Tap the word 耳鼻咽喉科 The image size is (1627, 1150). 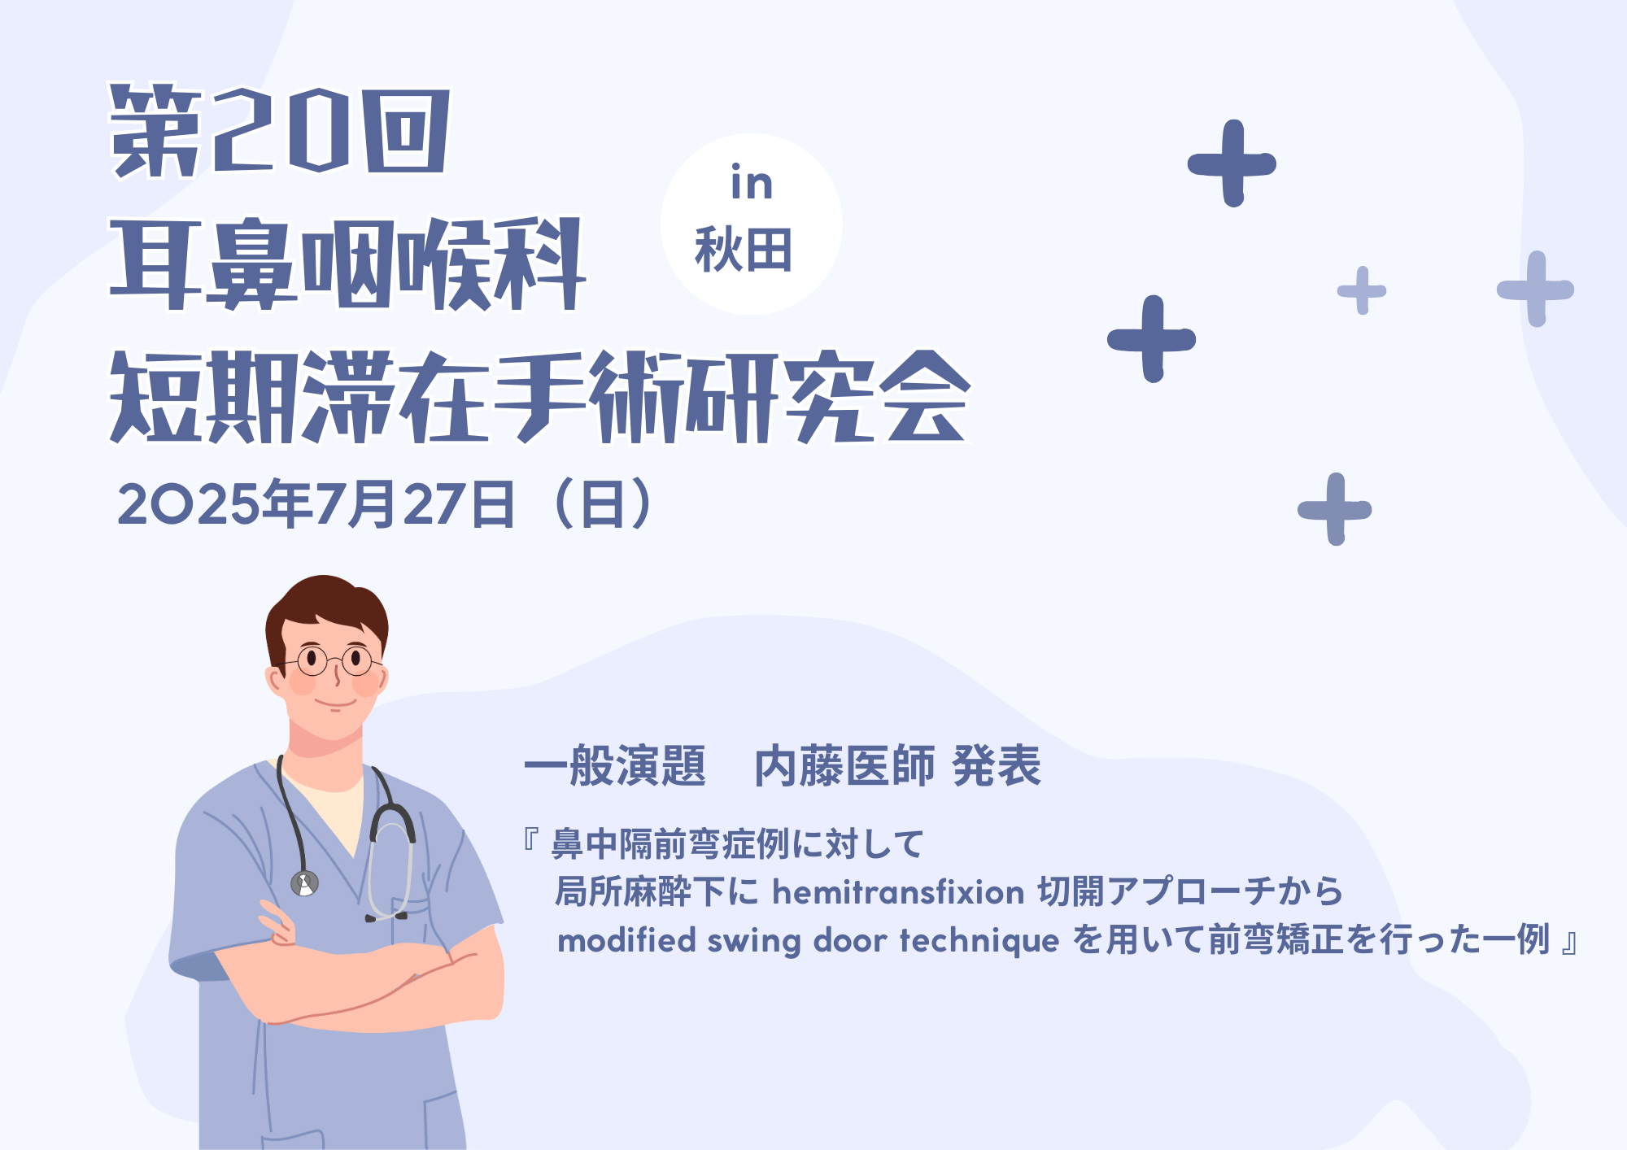[x=347, y=264]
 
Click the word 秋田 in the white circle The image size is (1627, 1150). [x=744, y=250]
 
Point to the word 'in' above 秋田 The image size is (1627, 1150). [x=751, y=182]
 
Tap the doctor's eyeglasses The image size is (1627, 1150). [x=334, y=660]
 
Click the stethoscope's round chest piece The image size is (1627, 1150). [x=305, y=882]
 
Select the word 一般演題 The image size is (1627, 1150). [x=615, y=766]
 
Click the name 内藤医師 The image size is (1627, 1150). [x=845, y=766]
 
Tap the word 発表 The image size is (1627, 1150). [x=997, y=766]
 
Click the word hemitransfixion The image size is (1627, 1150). [x=898, y=892]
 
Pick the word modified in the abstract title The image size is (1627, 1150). [x=626, y=940]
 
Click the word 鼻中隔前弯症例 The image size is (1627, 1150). [x=670, y=844]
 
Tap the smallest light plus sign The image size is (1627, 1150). [x=1362, y=290]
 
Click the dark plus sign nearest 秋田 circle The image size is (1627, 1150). [x=1152, y=338]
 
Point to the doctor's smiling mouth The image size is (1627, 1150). [x=336, y=701]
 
